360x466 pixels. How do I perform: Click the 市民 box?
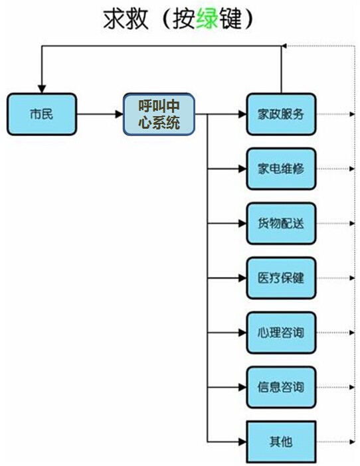pos(42,114)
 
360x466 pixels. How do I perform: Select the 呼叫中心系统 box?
pos(159,114)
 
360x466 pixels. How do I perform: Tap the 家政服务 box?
pos(280,114)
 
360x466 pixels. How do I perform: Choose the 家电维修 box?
pos(280,168)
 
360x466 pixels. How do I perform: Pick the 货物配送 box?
pos(280,223)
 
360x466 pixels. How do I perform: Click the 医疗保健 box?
pos(280,277)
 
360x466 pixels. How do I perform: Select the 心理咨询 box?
pos(280,332)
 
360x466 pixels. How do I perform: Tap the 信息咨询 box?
pos(280,387)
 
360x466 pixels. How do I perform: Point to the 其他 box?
pos(280,441)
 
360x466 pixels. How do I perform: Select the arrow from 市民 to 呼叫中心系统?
pos(100,114)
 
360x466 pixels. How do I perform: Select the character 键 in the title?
pos(225,19)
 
